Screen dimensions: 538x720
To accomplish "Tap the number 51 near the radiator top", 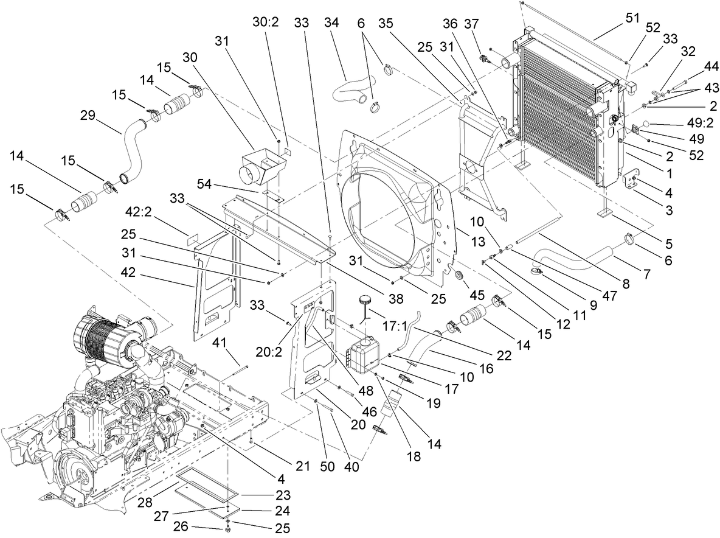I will click(632, 18).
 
